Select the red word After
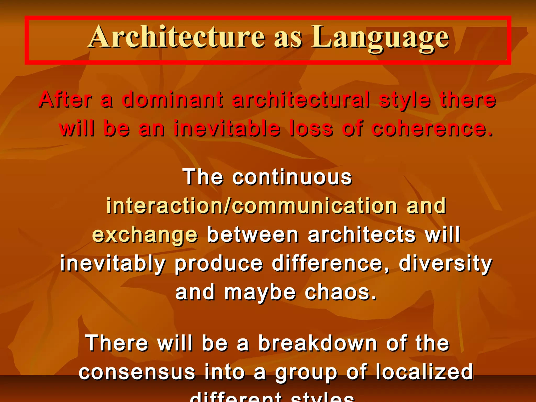click(x=65, y=100)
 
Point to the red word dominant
click(x=172, y=100)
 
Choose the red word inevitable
click(x=227, y=128)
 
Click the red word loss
click(x=311, y=128)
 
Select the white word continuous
click(x=292, y=177)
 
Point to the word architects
click(x=362, y=235)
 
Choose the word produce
click(x=219, y=264)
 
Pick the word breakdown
click(x=318, y=343)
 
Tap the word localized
click(x=424, y=372)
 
